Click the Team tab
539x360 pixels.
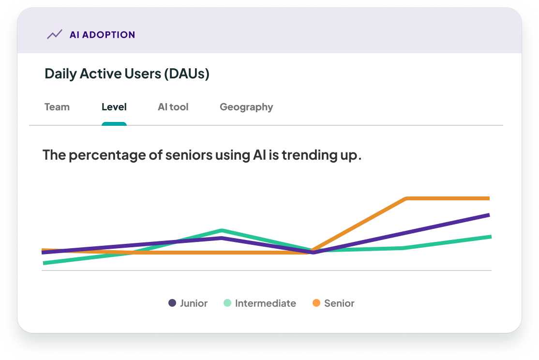tap(57, 107)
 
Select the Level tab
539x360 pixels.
tap(114, 107)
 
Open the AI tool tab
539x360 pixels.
tap(173, 107)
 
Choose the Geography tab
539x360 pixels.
tap(246, 107)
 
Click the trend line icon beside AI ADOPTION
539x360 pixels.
tap(54, 34)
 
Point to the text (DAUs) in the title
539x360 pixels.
tap(186, 74)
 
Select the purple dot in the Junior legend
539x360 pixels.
tap(172, 303)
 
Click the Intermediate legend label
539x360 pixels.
tap(265, 303)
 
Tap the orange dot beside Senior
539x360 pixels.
tap(316, 303)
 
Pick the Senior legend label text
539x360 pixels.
tap(339, 303)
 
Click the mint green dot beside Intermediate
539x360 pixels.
tap(227, 303)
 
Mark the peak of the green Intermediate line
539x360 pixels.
tap(222, 230)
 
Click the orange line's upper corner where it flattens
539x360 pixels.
tap(407, 198)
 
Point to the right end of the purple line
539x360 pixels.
tap(489, 215)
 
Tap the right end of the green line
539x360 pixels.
tap(490, 237)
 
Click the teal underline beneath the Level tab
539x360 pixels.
tap(114, 124)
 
